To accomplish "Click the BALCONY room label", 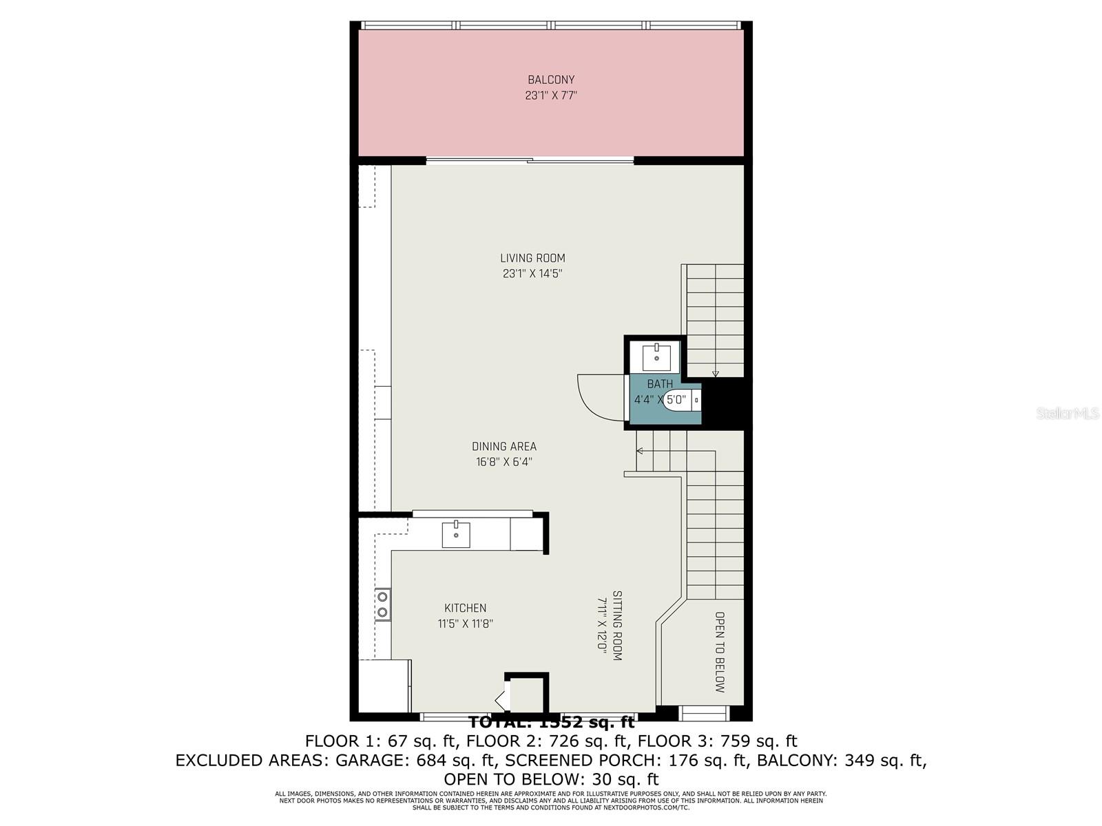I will point(551,80).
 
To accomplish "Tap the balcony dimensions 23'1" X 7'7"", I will point(551,96).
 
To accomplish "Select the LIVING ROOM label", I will point(532,258).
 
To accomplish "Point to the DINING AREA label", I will point(504,447).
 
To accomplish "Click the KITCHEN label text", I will point(465,608).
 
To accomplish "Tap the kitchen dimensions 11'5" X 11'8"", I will point(465,624).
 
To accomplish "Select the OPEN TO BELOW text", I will point(720,652).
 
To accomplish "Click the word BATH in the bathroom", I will point(660,384).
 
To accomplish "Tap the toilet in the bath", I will point(682,400).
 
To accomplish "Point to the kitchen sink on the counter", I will point(456,534).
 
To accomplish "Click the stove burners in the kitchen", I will point(382,604).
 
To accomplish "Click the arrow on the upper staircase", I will point(716,374).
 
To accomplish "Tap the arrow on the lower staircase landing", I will point(640,451).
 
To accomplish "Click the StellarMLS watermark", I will point(1068,414).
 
